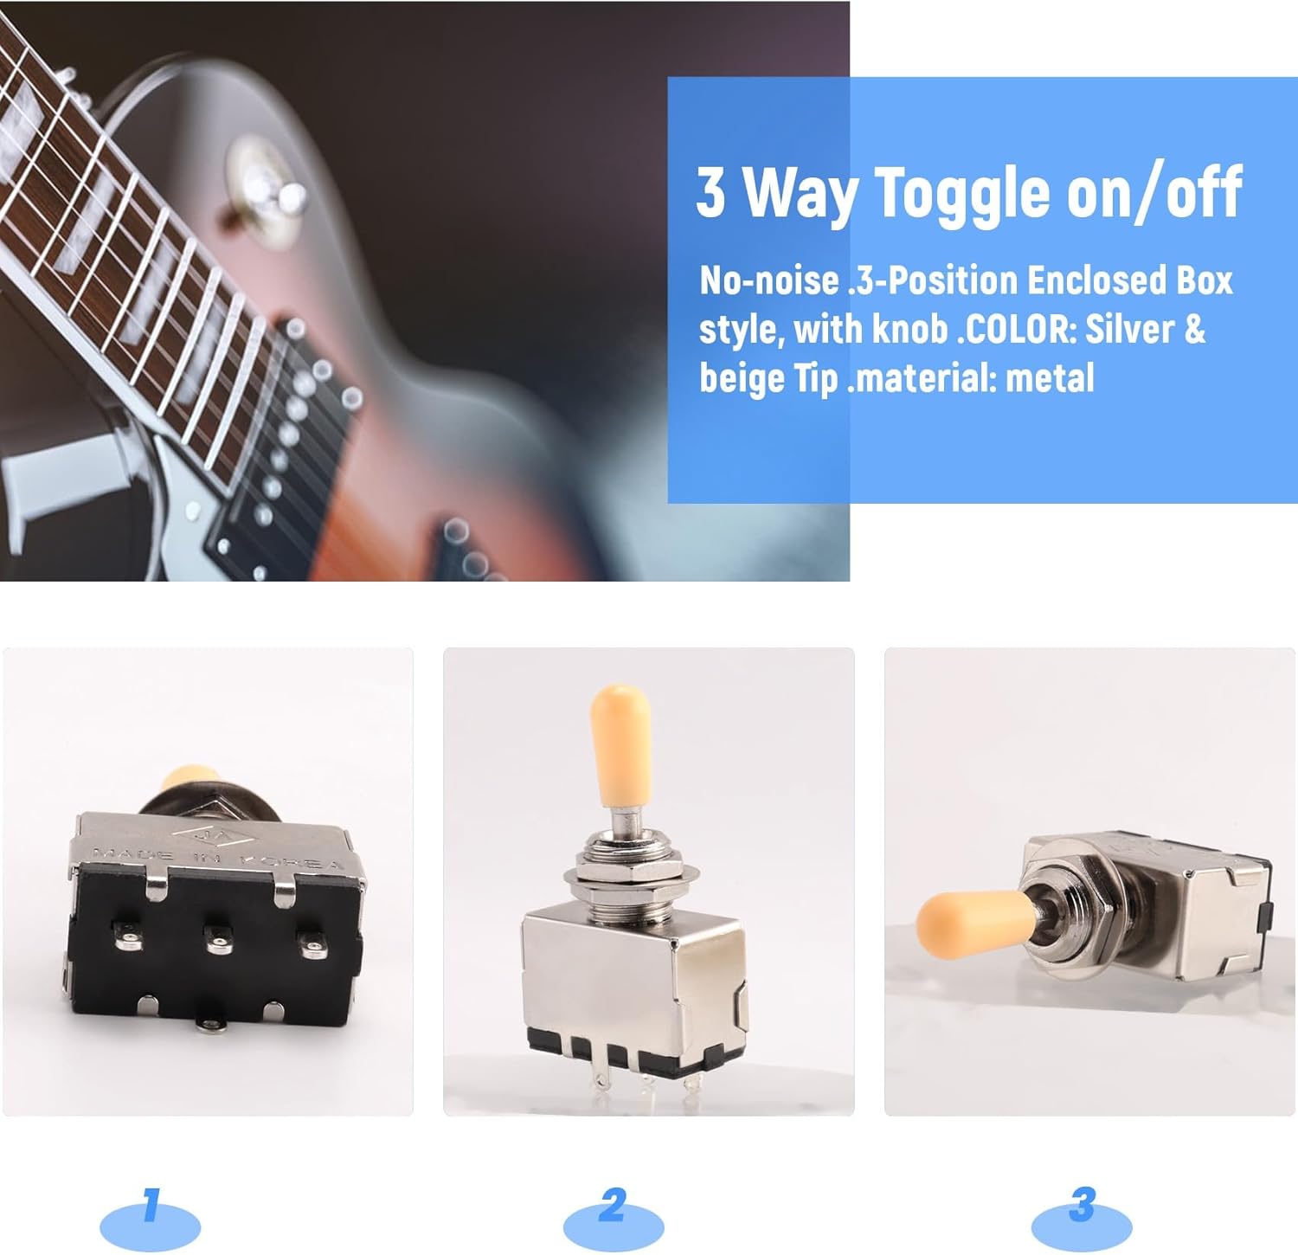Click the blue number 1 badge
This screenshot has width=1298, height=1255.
pyautogui.click(x=151, y=1218)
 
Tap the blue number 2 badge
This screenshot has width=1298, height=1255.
pyautogui.click(x=613, y=1218)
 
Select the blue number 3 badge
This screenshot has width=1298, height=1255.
pyautogui.click(x=1082, y=1218)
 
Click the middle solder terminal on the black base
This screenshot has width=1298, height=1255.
pyautogui.click(x=216, y=940)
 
